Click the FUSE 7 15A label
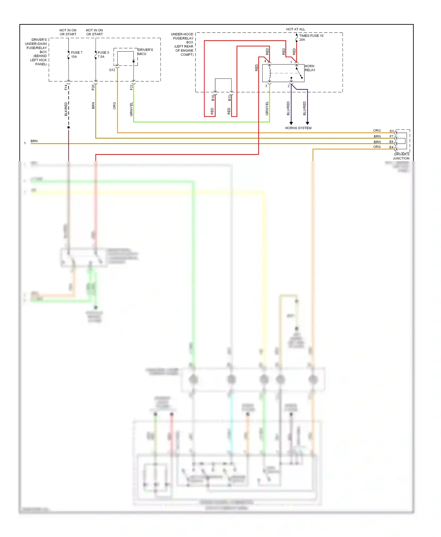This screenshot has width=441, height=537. [x=76, y=55]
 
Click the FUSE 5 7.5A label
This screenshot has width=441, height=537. [x=103, y=55]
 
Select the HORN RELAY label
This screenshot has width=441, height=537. [x=310, y=68]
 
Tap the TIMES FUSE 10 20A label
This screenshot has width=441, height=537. [x=311, y=38]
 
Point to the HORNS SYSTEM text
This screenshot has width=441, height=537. [x=298, y=128]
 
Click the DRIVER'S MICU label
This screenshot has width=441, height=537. [x=145, y=52]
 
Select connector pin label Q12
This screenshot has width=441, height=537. [x=112, y=70]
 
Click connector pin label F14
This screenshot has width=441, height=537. [x=66, y=87]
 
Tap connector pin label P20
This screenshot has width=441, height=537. [x=93, y=87]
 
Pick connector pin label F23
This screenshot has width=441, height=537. [x=131, y=87]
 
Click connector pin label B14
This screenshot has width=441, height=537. [x=213, y=98]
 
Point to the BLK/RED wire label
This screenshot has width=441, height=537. [x=66, y=109]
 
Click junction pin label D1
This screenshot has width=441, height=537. [x=392, y=131]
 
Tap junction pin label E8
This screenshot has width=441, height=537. [x=391, y=142]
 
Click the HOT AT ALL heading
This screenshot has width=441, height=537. [x=295, y=29]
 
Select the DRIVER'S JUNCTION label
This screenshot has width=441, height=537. [x=401, y=156]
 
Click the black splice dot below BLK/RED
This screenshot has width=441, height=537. [x=69, y=127]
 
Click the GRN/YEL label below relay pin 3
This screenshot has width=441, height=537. [x=267, y=108]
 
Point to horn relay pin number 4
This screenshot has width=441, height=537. [x=265, y=61]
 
